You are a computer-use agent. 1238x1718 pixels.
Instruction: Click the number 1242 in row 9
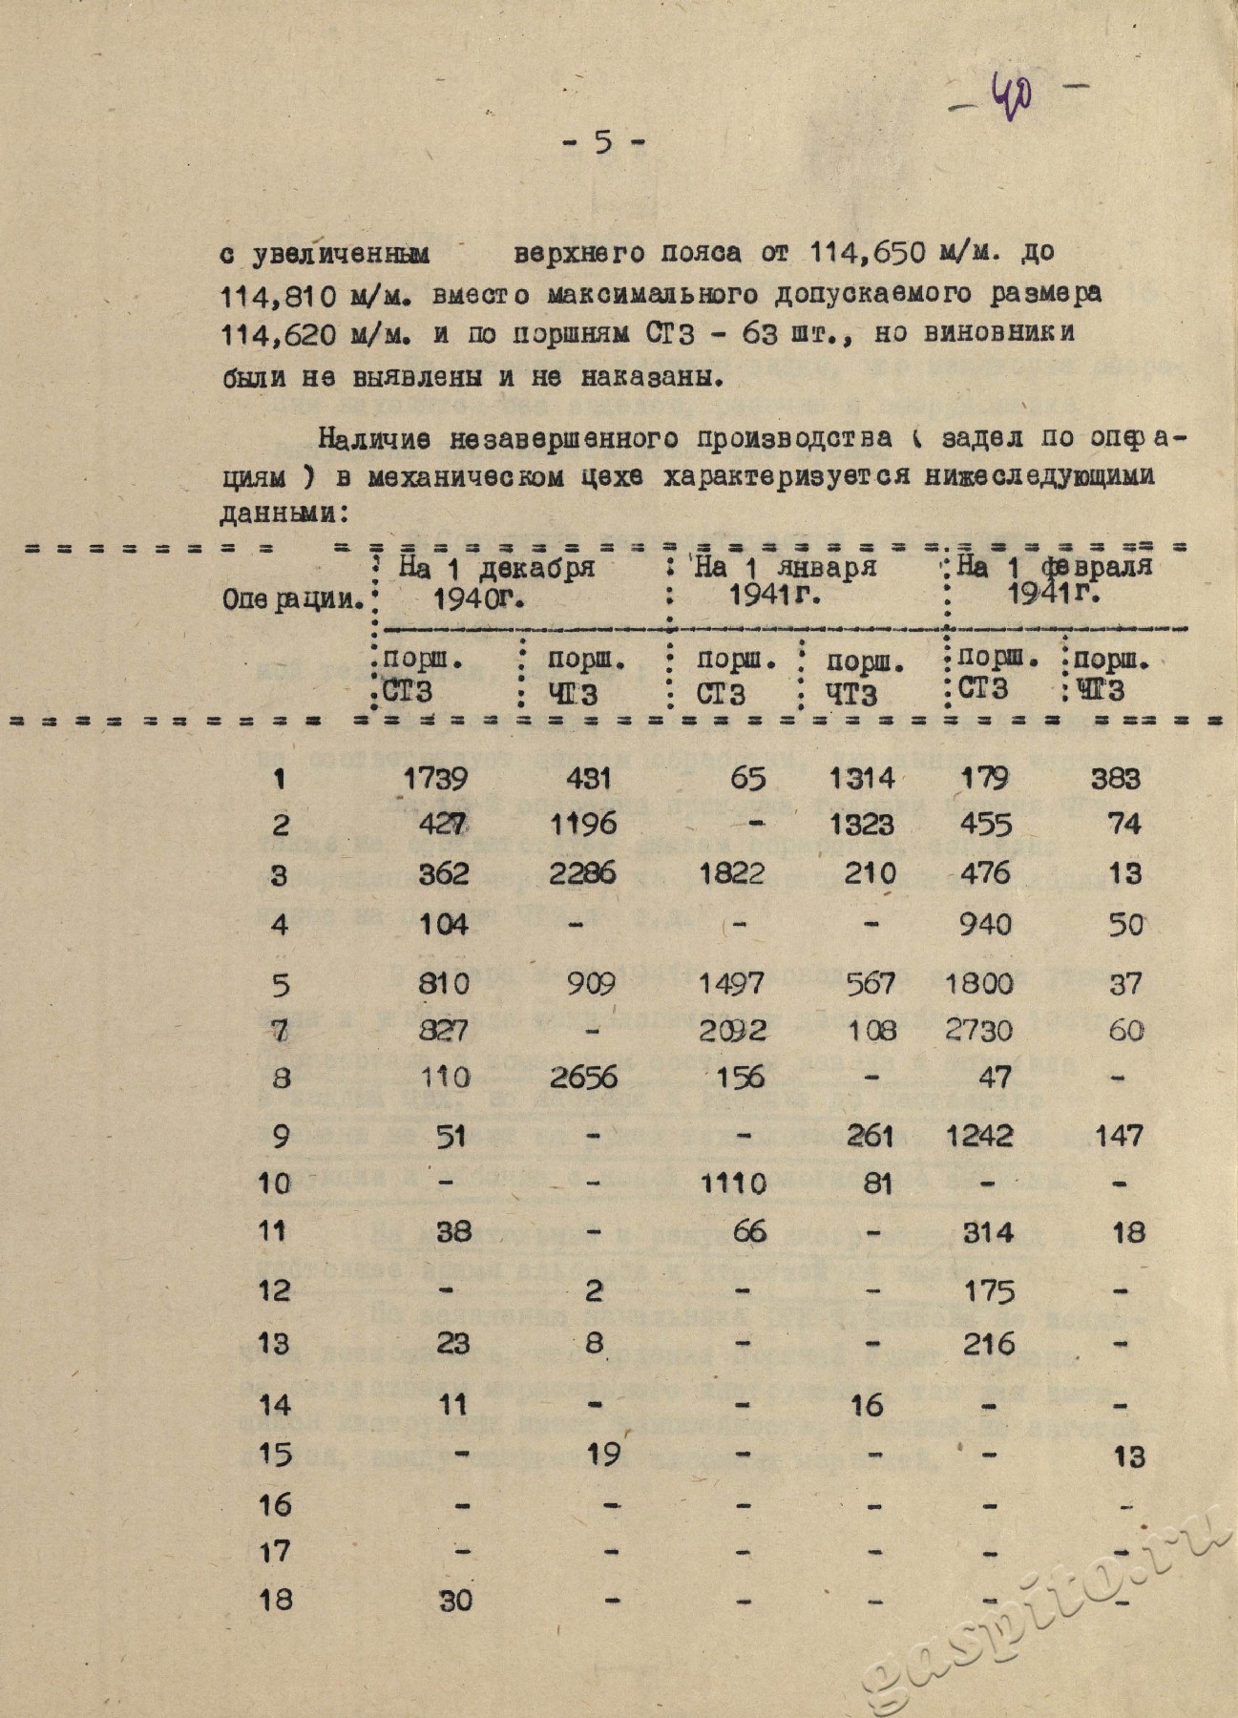click(984, 1135)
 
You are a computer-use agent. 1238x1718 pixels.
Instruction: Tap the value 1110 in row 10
click(732, 1184)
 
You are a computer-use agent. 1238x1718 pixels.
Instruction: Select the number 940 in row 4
click(984, 923)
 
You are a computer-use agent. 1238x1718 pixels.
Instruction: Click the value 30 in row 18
click(454, 1600)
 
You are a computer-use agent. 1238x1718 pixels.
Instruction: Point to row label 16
click(275, 1505)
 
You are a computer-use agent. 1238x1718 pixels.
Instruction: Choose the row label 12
click(275, 1290)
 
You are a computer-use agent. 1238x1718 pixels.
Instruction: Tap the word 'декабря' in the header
click(535, 567)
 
